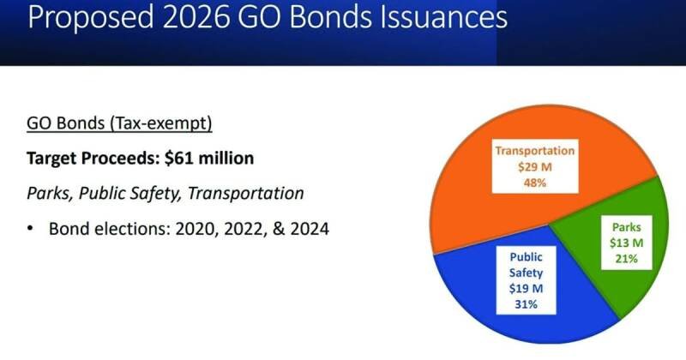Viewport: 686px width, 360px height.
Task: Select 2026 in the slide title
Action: coord(194,19)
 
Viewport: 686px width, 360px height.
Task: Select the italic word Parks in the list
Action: coord(49,193)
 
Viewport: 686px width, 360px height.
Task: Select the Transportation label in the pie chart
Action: coord(534,152)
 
